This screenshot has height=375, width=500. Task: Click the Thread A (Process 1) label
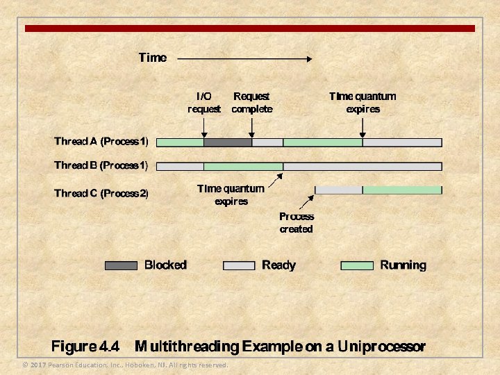coord(101,142)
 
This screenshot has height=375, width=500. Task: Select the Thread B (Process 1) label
coord(101,166)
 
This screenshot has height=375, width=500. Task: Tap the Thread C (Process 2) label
coord(101,192)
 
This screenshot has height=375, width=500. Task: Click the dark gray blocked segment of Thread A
coord(228,142)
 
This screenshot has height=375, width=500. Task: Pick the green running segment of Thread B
coord(243,167)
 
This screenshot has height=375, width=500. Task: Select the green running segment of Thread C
coord(402,190)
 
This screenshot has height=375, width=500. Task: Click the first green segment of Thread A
coord(181,142)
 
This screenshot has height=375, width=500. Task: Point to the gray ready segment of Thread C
coord(339,190)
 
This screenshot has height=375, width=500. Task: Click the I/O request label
coord(204,102)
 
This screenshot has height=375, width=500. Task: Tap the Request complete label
coord(251,102)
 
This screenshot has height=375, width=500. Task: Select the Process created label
coord(297,222)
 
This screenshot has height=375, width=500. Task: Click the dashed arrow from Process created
coord(306,201)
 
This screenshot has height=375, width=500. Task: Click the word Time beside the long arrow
coord(153,58)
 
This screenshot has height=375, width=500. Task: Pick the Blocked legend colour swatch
coord(121,265)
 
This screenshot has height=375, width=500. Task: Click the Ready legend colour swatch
coord(239,265)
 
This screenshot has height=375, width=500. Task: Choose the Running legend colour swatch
coord(357,265)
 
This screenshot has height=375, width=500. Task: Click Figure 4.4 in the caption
coord(85,346)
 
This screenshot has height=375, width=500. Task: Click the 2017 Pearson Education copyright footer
coord(125,365)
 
